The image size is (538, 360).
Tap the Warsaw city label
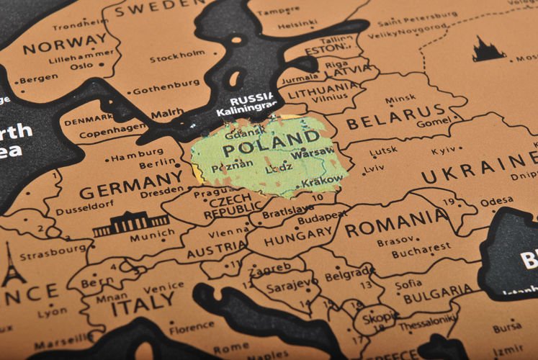tap(313, 153)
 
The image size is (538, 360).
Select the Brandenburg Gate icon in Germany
tap(130, 225)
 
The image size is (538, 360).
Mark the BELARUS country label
tap(396, 115)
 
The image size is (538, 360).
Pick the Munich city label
tap(152, 235)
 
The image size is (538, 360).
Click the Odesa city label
tap(497, 201)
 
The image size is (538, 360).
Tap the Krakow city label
tap(322, 183)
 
